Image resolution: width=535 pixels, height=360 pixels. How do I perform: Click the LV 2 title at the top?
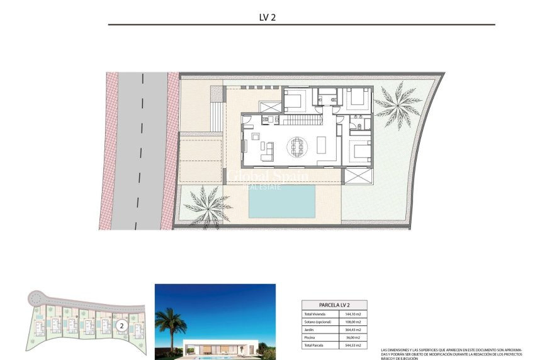pos(267,18)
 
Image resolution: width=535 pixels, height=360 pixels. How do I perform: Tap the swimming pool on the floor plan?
pos(281,201)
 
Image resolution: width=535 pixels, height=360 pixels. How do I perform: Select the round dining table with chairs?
pos(298,147)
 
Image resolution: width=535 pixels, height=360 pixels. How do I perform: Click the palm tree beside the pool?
pos(205,204)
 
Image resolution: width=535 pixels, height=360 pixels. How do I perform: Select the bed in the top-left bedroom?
pos(296,99)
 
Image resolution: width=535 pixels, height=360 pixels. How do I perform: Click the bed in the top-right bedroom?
pos(356,98)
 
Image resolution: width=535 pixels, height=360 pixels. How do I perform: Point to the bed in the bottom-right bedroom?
pos(360,152)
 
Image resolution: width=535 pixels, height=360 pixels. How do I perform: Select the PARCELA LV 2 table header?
pos(334,305)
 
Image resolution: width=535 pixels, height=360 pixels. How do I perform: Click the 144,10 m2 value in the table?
pos(351,313)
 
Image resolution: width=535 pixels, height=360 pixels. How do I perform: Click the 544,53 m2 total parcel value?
pos(351,345)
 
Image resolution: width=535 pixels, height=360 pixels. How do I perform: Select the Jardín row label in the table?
pos(310,329)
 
